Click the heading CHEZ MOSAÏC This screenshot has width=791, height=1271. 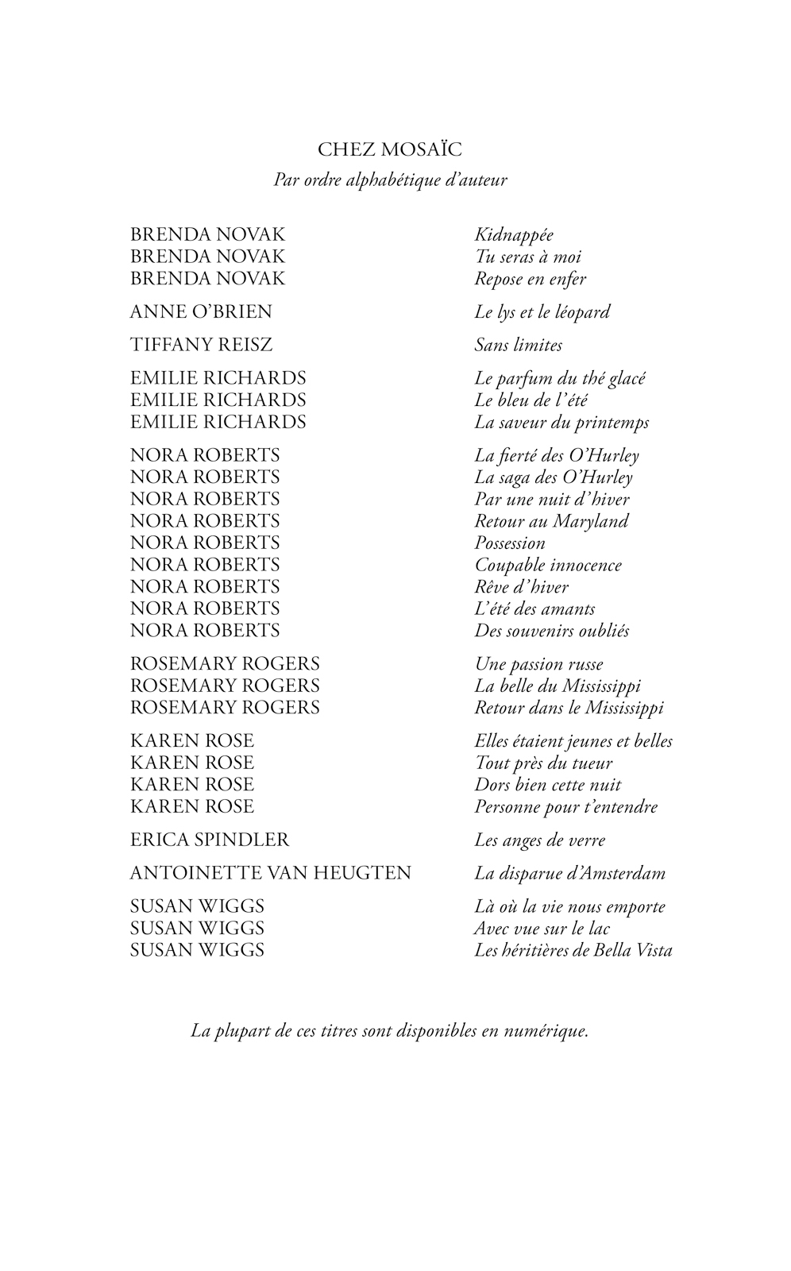389,149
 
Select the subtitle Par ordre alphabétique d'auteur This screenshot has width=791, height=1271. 390,180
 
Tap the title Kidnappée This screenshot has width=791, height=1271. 514,235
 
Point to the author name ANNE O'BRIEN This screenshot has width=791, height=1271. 201,311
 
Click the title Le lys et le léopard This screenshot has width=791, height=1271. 542,312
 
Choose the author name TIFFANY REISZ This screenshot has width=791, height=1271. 201,345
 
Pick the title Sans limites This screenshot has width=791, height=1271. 519,345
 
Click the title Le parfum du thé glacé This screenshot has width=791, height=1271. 560,378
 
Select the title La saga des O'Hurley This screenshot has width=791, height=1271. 554,477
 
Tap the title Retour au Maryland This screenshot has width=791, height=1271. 551,521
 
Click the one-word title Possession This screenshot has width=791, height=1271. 510,543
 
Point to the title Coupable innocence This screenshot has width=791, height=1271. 548,565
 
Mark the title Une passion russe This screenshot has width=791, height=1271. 538,664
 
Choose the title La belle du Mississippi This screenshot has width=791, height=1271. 558,686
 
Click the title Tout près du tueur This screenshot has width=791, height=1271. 543,763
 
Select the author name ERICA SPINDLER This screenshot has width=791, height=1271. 210,840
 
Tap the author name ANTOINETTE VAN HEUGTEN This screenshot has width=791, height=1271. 270,873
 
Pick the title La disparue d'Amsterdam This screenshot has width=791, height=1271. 569,874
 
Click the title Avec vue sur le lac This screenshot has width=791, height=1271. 542,928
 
